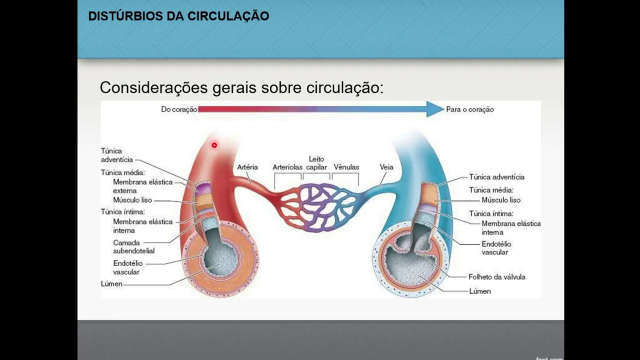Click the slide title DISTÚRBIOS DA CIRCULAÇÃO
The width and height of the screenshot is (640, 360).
click(x=178, y=16)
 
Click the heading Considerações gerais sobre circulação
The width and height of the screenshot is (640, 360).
click(x=241, y=87)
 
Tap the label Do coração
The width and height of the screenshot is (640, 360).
click(x=179, y=109)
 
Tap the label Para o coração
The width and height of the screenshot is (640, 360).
click(x=469, y=109)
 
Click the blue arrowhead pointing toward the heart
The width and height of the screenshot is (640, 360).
click(x=434, y=109)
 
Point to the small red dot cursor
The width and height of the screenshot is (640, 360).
click(x=214, y=145)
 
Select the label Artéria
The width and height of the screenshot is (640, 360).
click(x=247, y=167)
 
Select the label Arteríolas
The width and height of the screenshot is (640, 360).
click(x=287, y=167)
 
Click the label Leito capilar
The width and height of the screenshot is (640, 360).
click(x=316, y=163)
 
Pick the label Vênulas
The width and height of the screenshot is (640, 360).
click(x=346, y=167)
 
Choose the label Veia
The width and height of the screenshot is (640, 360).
click(x=386, y=167)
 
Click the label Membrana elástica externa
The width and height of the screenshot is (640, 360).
click(x=142, y=186)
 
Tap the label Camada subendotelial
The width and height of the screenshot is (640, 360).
click(x=133, y=247)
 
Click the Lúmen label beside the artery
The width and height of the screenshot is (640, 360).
click(x=111, y=284)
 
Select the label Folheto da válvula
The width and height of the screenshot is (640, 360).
click(x=496, y=276)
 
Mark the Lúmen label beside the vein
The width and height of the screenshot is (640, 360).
click(x=479, y=291)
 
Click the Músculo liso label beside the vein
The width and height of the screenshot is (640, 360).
click(x=500, y=200)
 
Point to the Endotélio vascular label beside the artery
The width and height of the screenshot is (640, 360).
click(x=127, y=267)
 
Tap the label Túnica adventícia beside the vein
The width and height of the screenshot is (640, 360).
click(x=496, y=177)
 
